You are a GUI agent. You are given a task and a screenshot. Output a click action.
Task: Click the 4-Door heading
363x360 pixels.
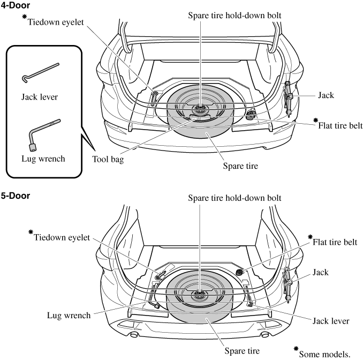point(15,5)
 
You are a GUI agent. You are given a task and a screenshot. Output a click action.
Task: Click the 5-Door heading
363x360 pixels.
point(15,196)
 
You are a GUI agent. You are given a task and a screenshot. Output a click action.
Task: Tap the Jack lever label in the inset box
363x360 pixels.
point(40,97)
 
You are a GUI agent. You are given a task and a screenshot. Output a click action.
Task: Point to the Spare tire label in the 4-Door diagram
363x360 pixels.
point(240,166)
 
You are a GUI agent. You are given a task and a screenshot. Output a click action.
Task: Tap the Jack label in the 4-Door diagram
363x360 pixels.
point(326,95)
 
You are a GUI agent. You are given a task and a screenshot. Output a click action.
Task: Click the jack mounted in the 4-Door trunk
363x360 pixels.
point(289,96)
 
